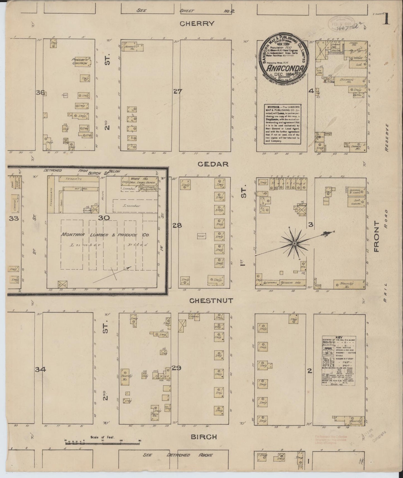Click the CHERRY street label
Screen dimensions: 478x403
pyautogui.click(x=197, y=23)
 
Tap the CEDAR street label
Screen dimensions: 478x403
pyautogui.click(x=213, y=164)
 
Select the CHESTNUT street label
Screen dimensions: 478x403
pyautogui.click(x=211, y=301)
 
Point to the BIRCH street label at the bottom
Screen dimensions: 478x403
pyautogui.click(x=204, y=437)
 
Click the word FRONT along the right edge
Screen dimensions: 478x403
pyautogui.click(x=377, y=236)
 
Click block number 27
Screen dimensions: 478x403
pyautogui.click(x=178, y=91)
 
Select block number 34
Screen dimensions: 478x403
pyautogui.click(x=40, y=370)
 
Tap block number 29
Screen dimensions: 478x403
pyautogui.click(x=176, y=368)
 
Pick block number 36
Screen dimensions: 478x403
pyautogui.click(x=40, y=93)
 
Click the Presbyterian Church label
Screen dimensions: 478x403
pyautogui.click(x=80, y=61)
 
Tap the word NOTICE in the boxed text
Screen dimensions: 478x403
pyautogui.click(x=274, y=107)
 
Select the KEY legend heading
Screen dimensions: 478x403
pyautogui.click(x=339, y=337)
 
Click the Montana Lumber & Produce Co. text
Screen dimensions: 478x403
pyautogui.click(x=105, y=235)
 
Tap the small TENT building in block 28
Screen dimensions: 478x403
pyautogui.click(x=201, y=236)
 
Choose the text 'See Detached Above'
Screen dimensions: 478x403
pyautogui.click(x=178, y=455)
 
